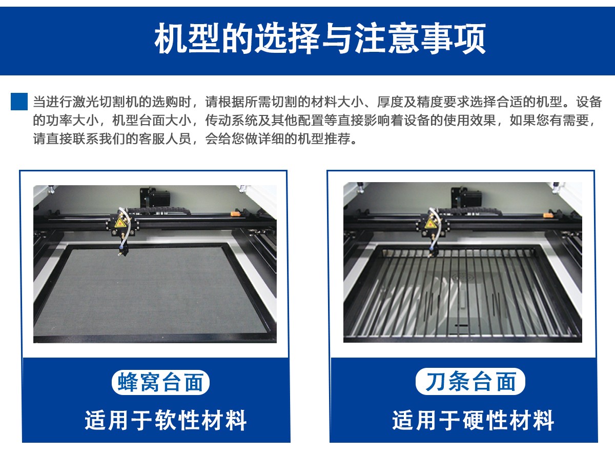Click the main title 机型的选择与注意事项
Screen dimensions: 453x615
320,38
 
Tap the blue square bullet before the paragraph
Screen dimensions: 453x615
19,101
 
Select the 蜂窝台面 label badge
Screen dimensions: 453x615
160,382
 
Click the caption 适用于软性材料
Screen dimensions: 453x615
166,420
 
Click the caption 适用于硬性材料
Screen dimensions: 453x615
473,420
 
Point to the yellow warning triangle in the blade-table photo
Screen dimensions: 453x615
429,222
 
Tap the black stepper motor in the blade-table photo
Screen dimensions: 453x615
466,197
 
